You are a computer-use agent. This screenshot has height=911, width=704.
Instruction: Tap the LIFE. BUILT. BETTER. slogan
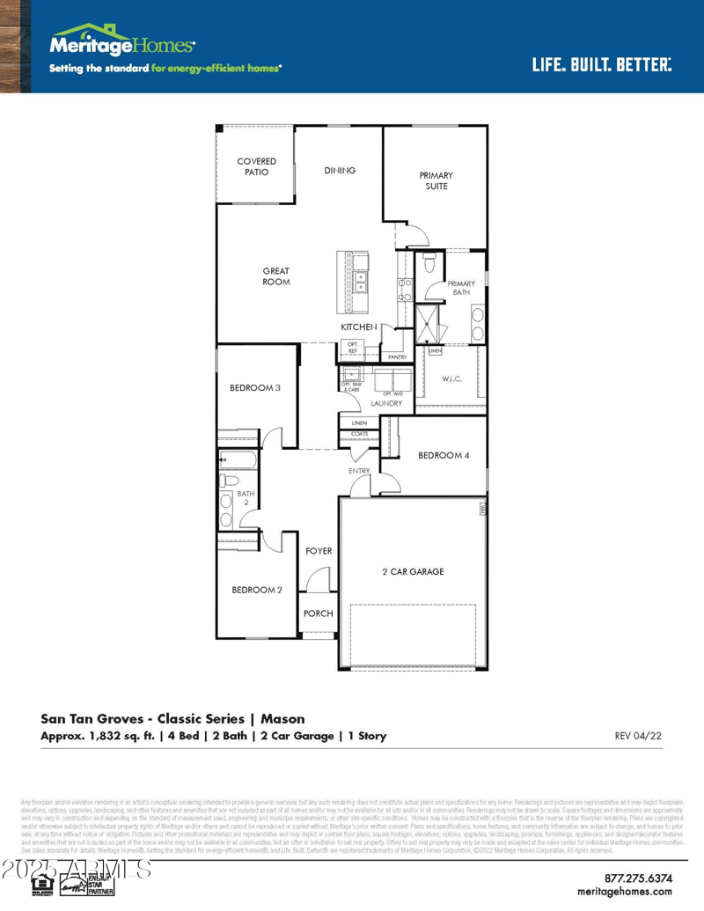pyautogui.click(x=601, y=64)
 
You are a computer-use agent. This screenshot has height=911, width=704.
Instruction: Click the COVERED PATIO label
pyautogui.click(x=256, y=166)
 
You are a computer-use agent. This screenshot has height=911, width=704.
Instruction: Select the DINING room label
pyautogui.click(x=340, y=170)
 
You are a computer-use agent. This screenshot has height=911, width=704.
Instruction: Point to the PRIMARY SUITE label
pyautogui.click(x=436, y=180)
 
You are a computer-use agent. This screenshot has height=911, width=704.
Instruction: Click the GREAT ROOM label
pyautogui.click(x=275, y=276)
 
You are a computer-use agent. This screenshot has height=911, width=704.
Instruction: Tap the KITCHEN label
pyautogui.click(x=359, y=327)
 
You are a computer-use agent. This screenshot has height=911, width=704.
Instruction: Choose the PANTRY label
pyautogui.click(x=397, y=357)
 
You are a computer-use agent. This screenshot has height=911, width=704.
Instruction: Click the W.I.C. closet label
pyautogui.click(x=451, y=378)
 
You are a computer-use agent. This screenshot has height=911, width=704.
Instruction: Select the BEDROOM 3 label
pyautogui.click(x=255, y=387)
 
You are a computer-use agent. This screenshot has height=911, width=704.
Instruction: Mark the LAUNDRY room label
pyautogui.click(x=386, y=403)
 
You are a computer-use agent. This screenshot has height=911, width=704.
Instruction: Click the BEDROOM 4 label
pyautogui.click(x=444, y=455)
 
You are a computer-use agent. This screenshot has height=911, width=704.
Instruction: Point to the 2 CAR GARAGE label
pyautogui.click(x=413, y=571)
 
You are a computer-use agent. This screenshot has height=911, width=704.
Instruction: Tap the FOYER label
pyautogui.click(x=319, y=551)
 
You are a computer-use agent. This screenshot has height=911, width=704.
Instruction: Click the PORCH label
pyautogui.click(x=318, y=613)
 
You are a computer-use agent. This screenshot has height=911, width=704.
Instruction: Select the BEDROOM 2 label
pyautogui.click(x=257, y=590)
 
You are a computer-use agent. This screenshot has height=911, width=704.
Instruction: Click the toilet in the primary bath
pyautogui.click(x=429, y=262)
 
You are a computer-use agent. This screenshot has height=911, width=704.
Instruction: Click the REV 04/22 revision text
pyautogui.click(x=637, y=735)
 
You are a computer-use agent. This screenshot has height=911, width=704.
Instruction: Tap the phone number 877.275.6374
pyautogui.click(x=650, y=878)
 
